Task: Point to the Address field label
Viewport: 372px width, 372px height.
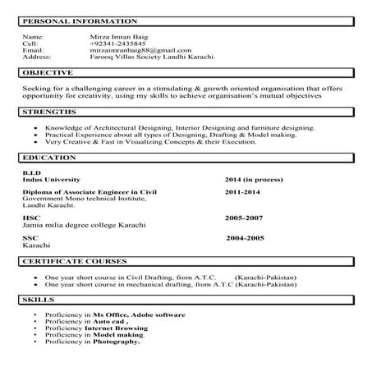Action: coord(36,57)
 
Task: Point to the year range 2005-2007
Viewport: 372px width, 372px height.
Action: coord(245,218)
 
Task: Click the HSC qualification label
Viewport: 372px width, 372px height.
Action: coord(30,218)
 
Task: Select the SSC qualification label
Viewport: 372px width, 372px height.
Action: coord(30,237)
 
